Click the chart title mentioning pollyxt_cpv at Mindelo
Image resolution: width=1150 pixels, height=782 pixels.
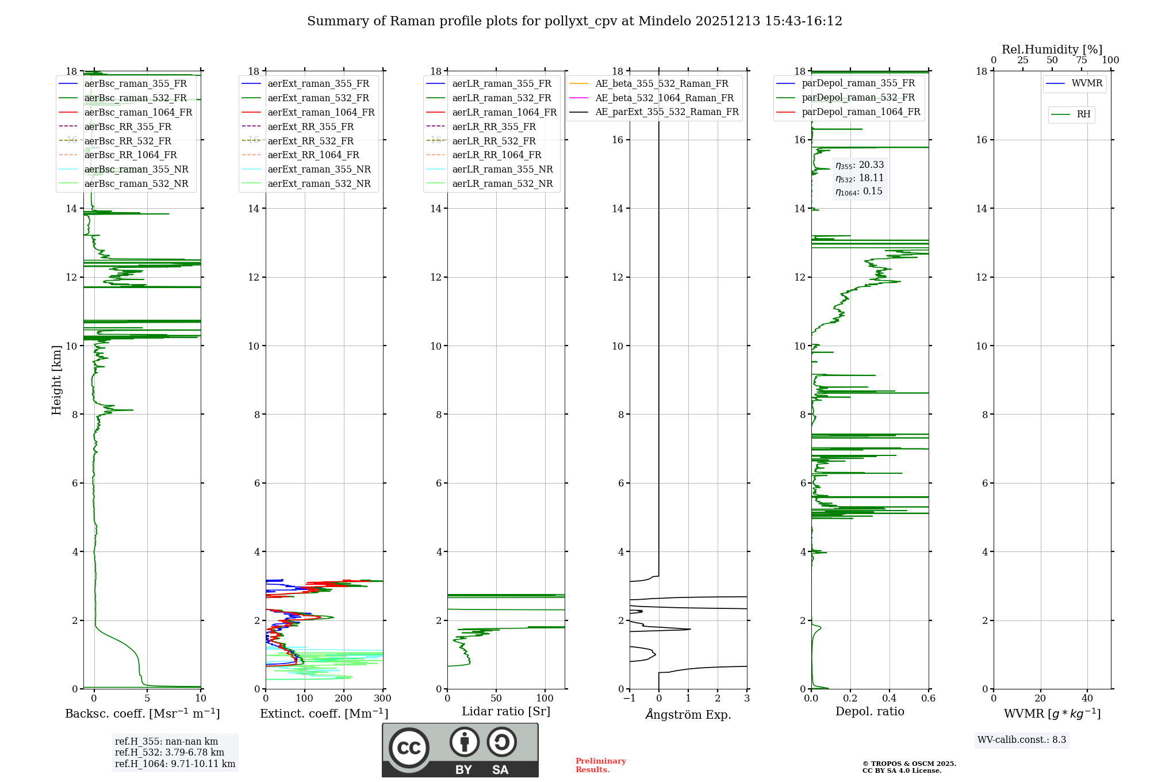point(574,21)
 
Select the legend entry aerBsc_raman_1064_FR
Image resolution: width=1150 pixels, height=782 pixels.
point(138,112)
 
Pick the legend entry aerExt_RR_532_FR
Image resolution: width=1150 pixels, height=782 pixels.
point(310,141)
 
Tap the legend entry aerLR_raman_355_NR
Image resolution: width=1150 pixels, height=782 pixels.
point(502,169)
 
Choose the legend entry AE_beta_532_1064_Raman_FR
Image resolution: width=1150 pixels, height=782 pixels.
point(664,98)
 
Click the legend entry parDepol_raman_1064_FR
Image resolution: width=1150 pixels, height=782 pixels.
point(861,112)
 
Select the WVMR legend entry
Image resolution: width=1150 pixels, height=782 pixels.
point(1087,83)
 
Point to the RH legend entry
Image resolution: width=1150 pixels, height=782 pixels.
point(1083,114)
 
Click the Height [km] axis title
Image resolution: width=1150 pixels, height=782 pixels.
point(56,380)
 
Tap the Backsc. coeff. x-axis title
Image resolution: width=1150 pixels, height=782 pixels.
point(142,714)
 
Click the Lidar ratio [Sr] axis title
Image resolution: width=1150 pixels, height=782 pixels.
point(506,711)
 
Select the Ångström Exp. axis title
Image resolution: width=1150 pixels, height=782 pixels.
point(688,714)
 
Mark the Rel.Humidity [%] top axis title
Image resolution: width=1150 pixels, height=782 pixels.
point(1052,49)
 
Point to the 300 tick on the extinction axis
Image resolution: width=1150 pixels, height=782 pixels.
point(382,699)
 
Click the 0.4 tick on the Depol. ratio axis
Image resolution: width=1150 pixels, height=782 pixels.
point(890,699)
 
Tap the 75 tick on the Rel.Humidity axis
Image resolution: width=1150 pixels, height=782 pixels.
point(1081,60)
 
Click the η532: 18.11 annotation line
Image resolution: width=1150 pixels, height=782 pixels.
point(860,178)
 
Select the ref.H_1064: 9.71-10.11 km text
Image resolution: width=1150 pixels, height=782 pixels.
point(175,764)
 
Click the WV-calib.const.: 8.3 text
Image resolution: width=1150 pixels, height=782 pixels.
point(1022,740)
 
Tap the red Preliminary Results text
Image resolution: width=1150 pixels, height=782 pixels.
point(600,765)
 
